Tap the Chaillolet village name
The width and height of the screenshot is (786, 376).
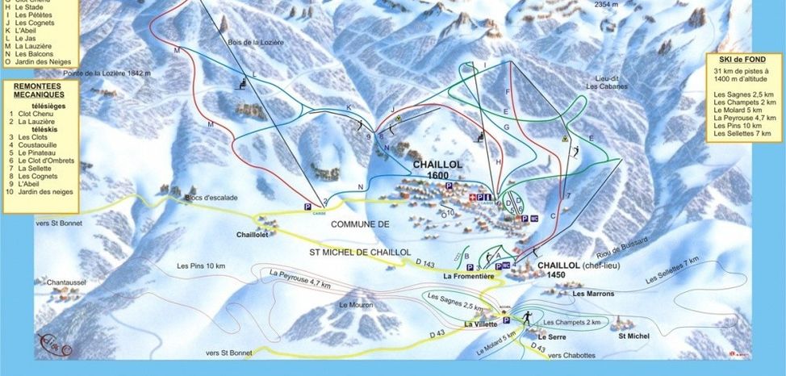pyautogui.click(x=252, y=235)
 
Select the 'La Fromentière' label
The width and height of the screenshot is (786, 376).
pyautogui.click(x=468, y=276)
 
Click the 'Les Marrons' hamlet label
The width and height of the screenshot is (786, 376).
pyautogui.click(x=593, y=294)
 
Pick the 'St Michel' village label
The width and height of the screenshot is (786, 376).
pyautogui.click(x=633, y=334)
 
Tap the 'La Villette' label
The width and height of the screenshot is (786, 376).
pyautogui.click(x=481, y=324)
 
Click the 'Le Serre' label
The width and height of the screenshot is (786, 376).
pyautogui.click(x=553, y=336)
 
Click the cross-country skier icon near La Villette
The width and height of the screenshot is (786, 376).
pyautogui.click(x=525, y=317)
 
